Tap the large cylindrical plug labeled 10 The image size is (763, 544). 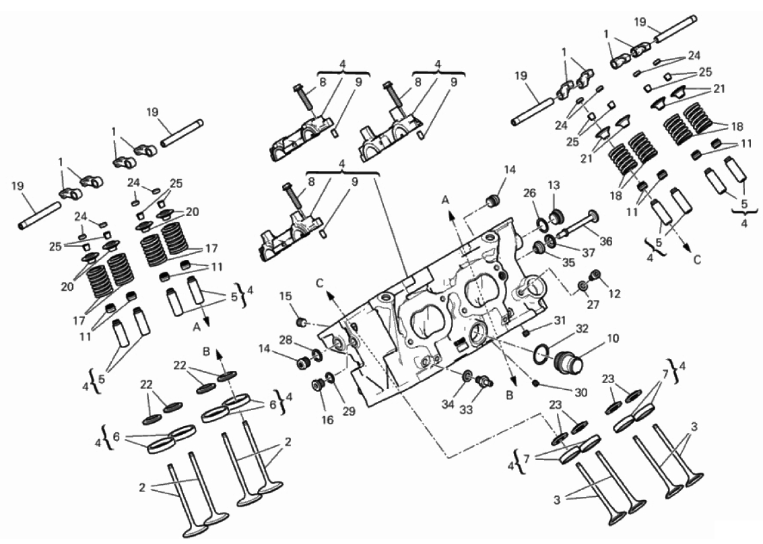pyautogui.click(x=568, y=363)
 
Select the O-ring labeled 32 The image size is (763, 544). pyautogui.click(x=543, y=354)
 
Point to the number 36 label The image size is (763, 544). pyautogui.click(x=606, y=241)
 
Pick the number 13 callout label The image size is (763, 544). pyautogui.click(x=554, y=185)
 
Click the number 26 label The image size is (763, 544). pyautogui.click(x=529, y=194)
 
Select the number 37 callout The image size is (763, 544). pyautogui.click(x=589, y=252)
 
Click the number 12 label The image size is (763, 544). pyautogui.click(x=615, y=294)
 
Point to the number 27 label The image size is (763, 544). pyautogui.click(x=593, y=304)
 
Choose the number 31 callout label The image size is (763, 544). pyautogui.click(x=560, y=320)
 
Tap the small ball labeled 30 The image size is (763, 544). pyautogui.click(x=536, y=384)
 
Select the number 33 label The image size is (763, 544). pyautogui.click(x=466, y=410)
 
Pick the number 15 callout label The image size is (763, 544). pyautogui.click(x=286, y=296)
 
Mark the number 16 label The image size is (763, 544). pyautogui.click(x=327, y=419)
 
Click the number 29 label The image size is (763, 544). pyautogui.click(x=348, y=411)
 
